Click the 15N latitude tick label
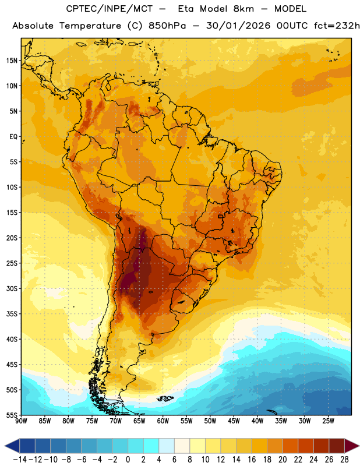(12, 61)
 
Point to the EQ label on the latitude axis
(13, 137)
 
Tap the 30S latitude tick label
(12, 288)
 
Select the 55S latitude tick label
(12, 415)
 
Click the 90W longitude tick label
(21, 421)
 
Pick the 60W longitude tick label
(163, 421)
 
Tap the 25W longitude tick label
(328, 421)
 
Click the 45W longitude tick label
(234, 421)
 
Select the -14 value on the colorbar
(20, 460)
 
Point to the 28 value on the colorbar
(344, 460)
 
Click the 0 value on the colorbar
(128, 460)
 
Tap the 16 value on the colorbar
(252, 460)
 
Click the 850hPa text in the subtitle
(167, 26)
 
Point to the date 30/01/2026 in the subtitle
(238, 26)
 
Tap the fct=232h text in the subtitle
(337, 26)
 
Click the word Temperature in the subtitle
(90, 26)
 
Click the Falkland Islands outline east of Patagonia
(165, 398)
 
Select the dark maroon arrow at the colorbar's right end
(352, 446)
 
